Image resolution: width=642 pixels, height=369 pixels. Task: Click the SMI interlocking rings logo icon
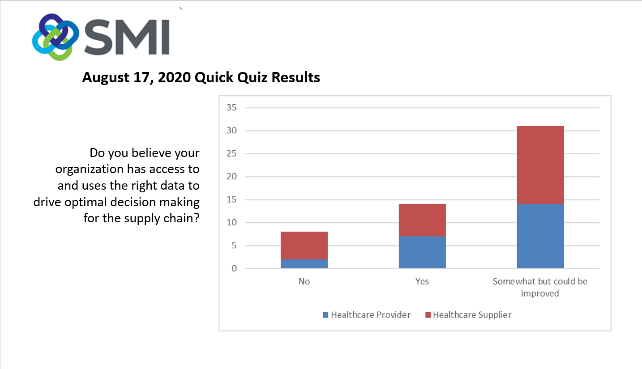tap(56, 37)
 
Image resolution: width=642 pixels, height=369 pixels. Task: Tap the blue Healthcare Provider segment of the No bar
tap(304, 263)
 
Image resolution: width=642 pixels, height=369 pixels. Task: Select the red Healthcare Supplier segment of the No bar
tap(304, 246)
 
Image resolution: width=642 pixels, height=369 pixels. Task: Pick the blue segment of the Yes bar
tap(422, 252)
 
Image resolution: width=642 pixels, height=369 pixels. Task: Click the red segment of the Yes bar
tap(422, 220)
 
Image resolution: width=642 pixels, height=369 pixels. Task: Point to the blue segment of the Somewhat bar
tap(540, 236)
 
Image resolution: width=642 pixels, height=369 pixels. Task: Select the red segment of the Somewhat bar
tap(540, 165)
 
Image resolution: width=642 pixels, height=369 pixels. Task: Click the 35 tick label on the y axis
tap(231, 108)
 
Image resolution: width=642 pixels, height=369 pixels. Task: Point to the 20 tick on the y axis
tap(231, 176)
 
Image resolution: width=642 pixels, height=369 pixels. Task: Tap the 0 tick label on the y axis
tap(234, 268)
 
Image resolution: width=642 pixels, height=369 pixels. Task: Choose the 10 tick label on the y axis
tap(231, 222)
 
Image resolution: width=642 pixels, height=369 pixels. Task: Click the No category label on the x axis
tap(304, 281)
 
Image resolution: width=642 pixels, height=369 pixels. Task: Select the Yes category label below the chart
tap(422, 281)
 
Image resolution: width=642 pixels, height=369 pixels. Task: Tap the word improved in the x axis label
tap(540, 294)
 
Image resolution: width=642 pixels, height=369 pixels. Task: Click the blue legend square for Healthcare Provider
tap(325, 315)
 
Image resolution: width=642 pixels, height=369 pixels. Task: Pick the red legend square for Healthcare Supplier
tap(428, 315)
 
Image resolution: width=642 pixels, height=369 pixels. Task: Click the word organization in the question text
tap(89, 170)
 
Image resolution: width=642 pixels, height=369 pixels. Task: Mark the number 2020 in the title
tap(174, 77)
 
